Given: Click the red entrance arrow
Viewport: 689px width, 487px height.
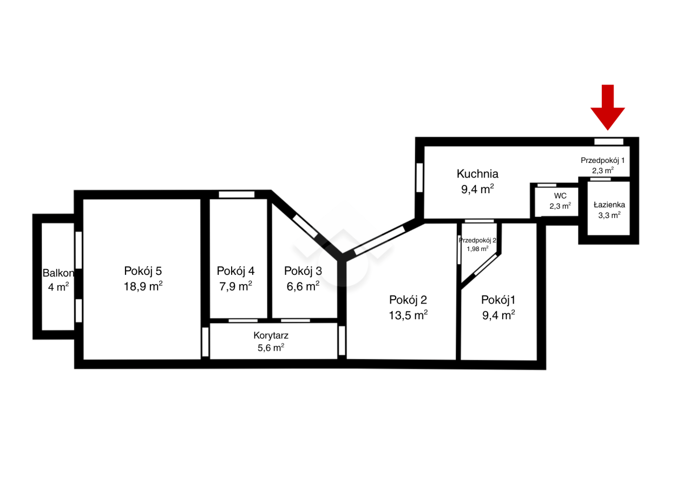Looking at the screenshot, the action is click(607, 107).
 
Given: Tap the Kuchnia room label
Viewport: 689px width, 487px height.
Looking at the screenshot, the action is click(477, 174).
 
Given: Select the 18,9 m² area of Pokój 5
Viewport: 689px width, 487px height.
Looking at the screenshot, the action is click(143, 286).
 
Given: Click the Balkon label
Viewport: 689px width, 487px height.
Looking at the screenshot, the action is click(58, 273).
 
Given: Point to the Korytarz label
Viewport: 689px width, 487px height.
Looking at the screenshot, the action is click(271, 335).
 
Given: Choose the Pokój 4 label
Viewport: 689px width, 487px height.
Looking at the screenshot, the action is click(235, 271).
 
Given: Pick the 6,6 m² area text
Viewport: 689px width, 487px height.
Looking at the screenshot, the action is click(303, 286).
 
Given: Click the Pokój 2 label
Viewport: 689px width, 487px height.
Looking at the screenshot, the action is click(408, 300).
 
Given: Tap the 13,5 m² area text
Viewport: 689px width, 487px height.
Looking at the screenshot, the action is click(408, 315).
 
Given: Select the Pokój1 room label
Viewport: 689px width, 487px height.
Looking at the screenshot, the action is click(498, 300).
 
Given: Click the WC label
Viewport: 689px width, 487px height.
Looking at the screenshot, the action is click(560, 196).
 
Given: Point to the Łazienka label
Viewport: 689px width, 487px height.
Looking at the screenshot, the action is click(609, 205).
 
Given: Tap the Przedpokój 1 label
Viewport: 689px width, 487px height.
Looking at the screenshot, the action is click(602, 160).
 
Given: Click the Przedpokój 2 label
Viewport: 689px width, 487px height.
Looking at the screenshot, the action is click(477, 240).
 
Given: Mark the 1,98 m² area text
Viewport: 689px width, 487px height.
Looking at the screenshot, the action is click(477, 249).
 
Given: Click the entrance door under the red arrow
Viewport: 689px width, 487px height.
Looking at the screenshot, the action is click(609, 141).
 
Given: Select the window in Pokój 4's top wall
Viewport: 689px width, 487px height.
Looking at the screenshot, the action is click(237, 194).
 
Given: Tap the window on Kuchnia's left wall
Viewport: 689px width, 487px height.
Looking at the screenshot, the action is click(419, 177).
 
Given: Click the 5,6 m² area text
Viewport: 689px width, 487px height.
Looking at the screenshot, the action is click(271, 348).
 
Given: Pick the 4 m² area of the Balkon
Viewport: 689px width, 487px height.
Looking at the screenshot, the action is click(58, 287).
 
